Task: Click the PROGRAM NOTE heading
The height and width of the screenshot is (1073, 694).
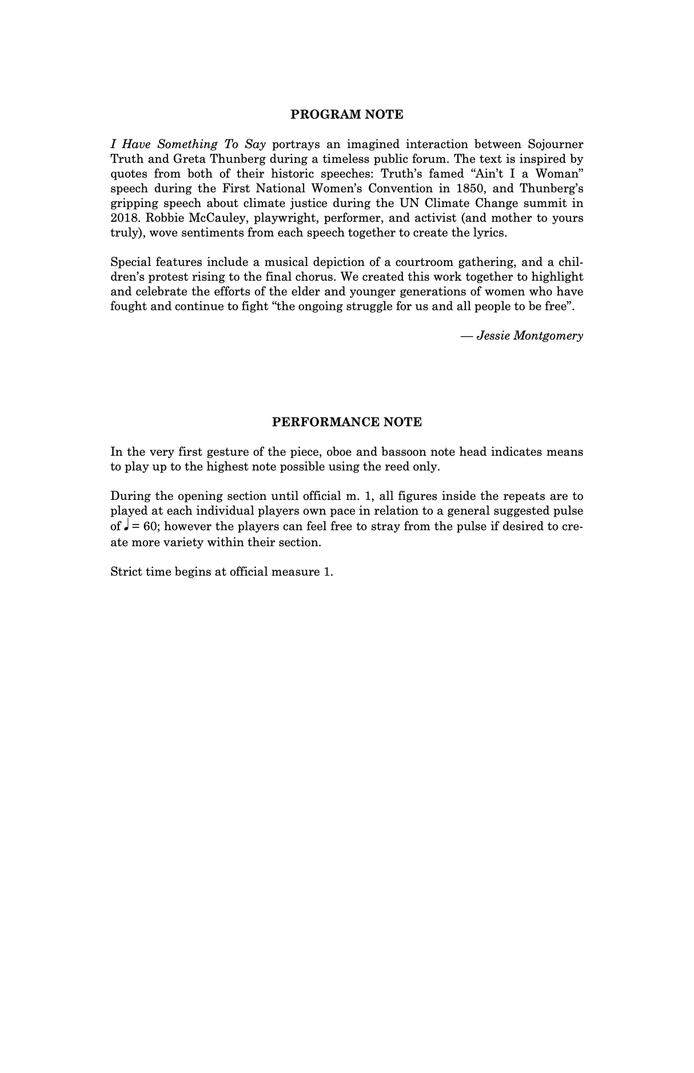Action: [346, 114]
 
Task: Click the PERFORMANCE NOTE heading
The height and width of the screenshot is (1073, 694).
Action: [346, 422]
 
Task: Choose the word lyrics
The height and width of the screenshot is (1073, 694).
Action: [489, 233]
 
